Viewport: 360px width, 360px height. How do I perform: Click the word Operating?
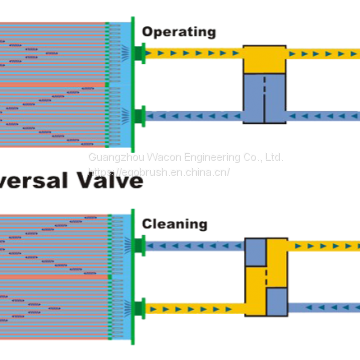point(178,31)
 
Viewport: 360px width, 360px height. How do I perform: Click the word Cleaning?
point(174,224)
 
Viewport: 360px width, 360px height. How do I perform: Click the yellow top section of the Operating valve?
point(265,58)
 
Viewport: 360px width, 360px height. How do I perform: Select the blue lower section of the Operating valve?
point(265,98)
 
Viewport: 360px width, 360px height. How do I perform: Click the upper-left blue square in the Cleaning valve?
point(256,251)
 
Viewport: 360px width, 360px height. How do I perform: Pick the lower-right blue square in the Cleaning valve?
point(277,300)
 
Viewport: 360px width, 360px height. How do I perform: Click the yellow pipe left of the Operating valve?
point(195,53)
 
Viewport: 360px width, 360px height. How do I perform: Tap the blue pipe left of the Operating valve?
point(195,116)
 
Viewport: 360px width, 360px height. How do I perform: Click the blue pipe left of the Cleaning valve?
point(195,245)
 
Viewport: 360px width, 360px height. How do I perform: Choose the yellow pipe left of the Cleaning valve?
point(195,308)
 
